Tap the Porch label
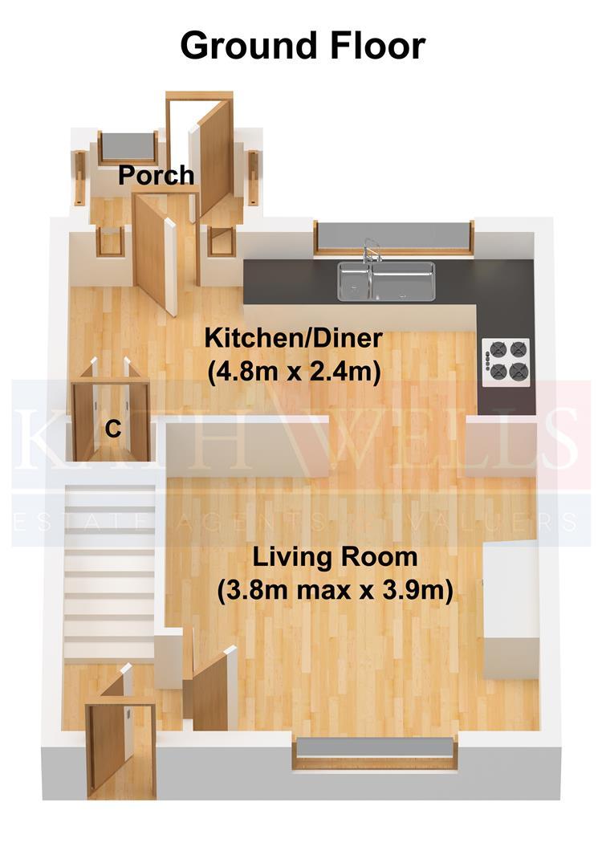[157, 175]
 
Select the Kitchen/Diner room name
[294, 338]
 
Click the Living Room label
[335, 556]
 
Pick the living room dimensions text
[335, 591]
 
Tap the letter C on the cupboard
[113, 429]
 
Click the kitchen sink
[386, 281]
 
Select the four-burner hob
[506, 361]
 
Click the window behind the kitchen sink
[394, 238]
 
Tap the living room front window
[376, 752]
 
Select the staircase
[109, 572]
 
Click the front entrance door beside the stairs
[108, 747]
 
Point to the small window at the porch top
[128, 147]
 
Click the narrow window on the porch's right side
[253, 177]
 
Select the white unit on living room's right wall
[511, 610]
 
